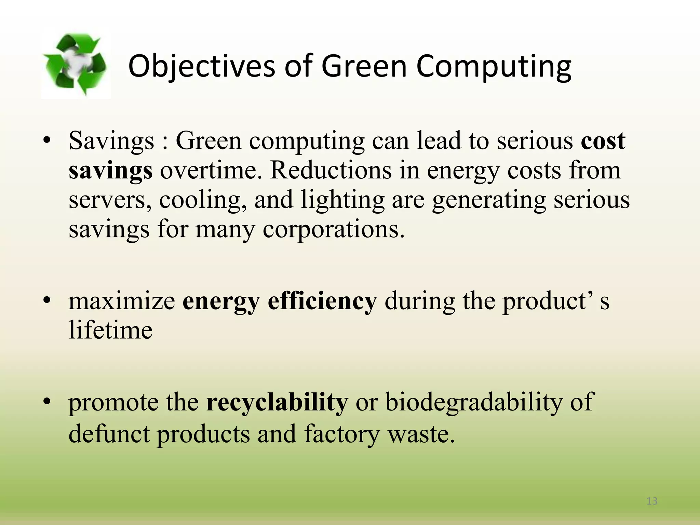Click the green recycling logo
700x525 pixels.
76,64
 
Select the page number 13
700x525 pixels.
652,501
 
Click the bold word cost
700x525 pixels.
603,140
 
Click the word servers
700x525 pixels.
110,200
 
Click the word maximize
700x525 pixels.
122,301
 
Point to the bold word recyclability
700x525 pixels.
277,402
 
